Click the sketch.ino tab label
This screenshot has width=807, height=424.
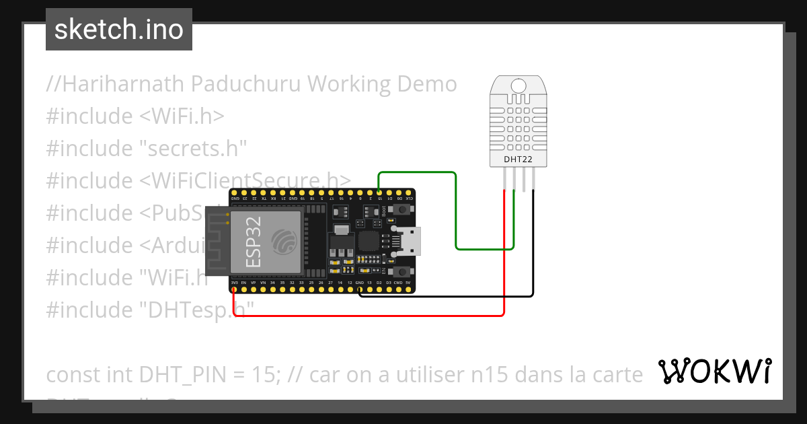pyautogui.click(x=118, y=30)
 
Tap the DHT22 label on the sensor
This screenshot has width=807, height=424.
pyautogui.click(x=518, y=160)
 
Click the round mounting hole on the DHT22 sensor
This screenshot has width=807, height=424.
pyautogui.click(x=518, y=86)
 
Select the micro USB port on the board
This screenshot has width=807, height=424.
pyautogui.click(x=409, y=241)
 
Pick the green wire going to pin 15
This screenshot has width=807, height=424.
pyautogui.click(x=417, y=172)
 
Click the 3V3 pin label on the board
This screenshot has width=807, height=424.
pyautogui.click(x=233, y=283)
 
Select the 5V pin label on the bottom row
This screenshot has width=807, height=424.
pyautogui.click(x=408, y=283)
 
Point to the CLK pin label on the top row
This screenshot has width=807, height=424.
pyautogui.click(x=410, y=199)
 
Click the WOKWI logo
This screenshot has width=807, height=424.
pyautogui.click(x=714, y=371)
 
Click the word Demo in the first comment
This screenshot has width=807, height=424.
pyautogui.click(x=428, y=84)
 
